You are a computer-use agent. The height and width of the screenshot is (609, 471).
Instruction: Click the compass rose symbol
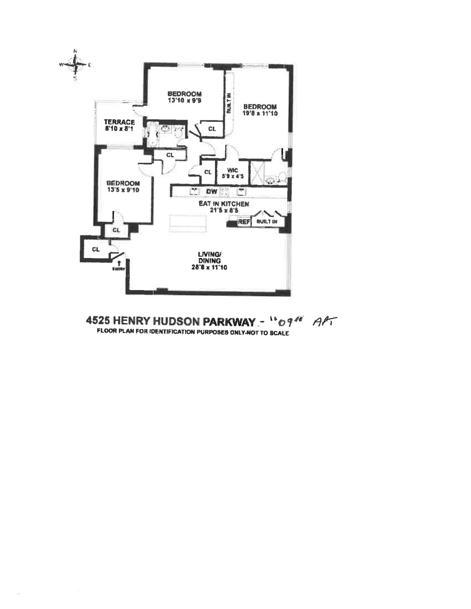pyautogui.click(x=75, y=65)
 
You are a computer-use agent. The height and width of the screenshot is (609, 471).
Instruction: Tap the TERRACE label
pyautogui.click(x=119, y=122)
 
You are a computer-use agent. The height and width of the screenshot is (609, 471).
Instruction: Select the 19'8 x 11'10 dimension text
pyautogui.click(x=260, y=113)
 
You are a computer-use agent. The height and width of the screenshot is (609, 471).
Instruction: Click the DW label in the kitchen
pyautogui.click(x=212, y=192)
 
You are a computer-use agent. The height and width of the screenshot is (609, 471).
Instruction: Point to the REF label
pyautogui.click(x=244, y=222)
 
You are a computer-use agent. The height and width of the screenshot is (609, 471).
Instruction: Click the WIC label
pyautogui.click(x=233, y=170)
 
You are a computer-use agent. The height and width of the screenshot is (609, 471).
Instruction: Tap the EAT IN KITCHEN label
pyautogui.click(x=224, y=204)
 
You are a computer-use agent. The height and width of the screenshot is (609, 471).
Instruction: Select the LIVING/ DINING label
pyautogui.click(x=210, y=257)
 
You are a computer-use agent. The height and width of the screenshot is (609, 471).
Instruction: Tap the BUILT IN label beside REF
pyautogui.click(x=266, y=222)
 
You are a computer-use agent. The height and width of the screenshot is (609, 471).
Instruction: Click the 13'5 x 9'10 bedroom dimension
pyautogui.click(x=123, y=190)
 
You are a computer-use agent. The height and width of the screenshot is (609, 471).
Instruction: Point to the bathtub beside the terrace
pyautogui.click(x=151, y=134)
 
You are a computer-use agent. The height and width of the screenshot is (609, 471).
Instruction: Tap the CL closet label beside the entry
pyautogui.click(x=96, y=249)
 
